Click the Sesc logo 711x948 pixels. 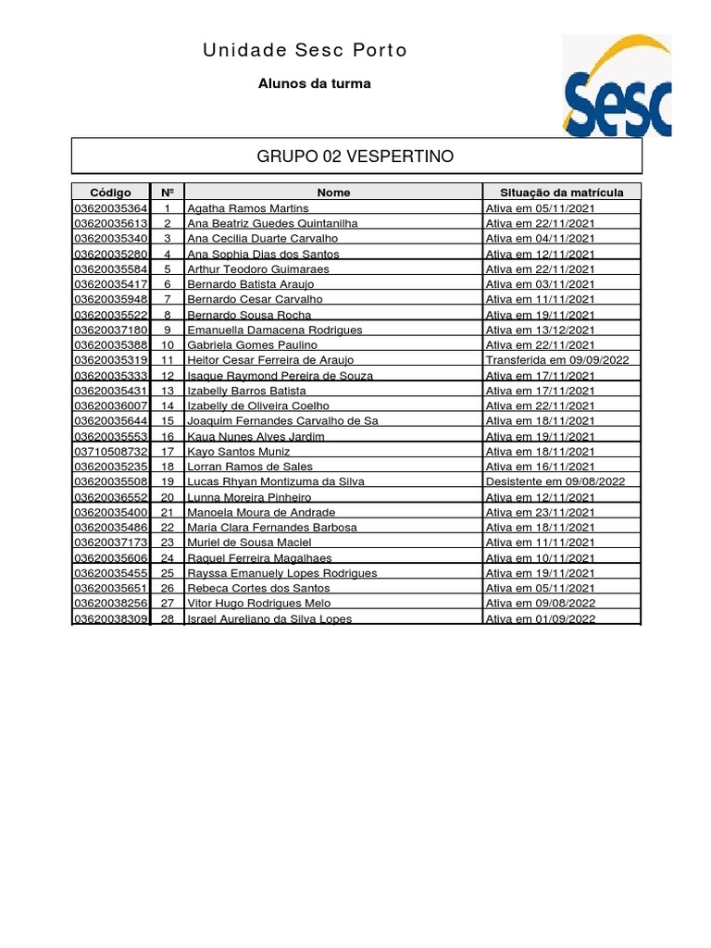point(617,86)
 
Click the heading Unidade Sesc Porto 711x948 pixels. point(305,50)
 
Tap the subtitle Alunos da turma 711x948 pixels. point(314,83)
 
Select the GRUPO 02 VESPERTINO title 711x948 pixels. point(355,156)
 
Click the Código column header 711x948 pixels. point(110,193)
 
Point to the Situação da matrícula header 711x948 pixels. point(561,193)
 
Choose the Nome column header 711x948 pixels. point(333,193)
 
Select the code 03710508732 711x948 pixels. point(110,451)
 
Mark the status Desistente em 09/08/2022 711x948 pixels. point(555,481)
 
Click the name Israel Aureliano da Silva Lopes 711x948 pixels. point(269,618)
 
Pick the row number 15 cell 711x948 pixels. point(168,421)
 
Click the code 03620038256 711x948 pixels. point(110,603)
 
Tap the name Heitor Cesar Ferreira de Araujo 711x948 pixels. point(270,360)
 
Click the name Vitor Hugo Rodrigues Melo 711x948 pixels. point(258,603)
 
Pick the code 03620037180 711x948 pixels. point(110,330)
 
